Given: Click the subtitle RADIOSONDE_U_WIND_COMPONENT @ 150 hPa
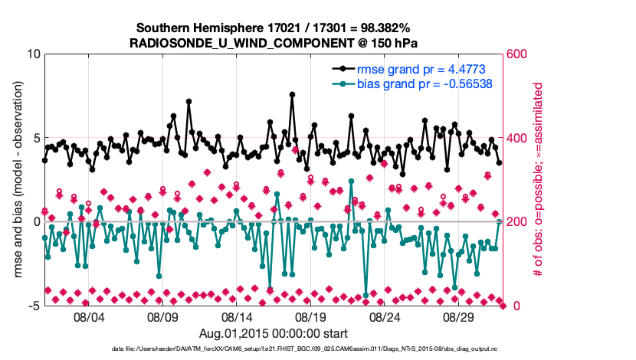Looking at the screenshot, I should click(x=274, y=42).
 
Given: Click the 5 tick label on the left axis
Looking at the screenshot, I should click(x=36, y=138).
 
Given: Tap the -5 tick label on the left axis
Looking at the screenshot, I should click(x=34, y=306).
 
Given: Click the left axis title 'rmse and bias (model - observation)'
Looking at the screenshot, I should click(x=17, y=180).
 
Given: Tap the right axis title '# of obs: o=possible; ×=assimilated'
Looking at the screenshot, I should click(x=539, y=180).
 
